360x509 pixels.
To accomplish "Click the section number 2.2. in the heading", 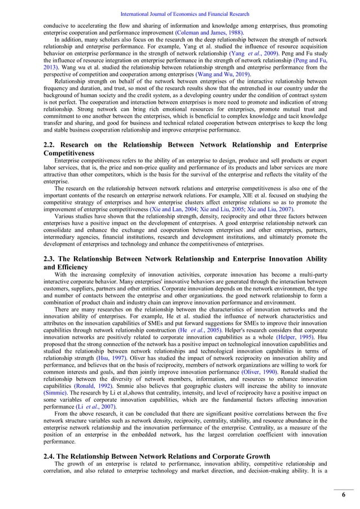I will pos(51,145).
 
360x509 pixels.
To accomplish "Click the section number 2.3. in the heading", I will pos(51,258).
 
